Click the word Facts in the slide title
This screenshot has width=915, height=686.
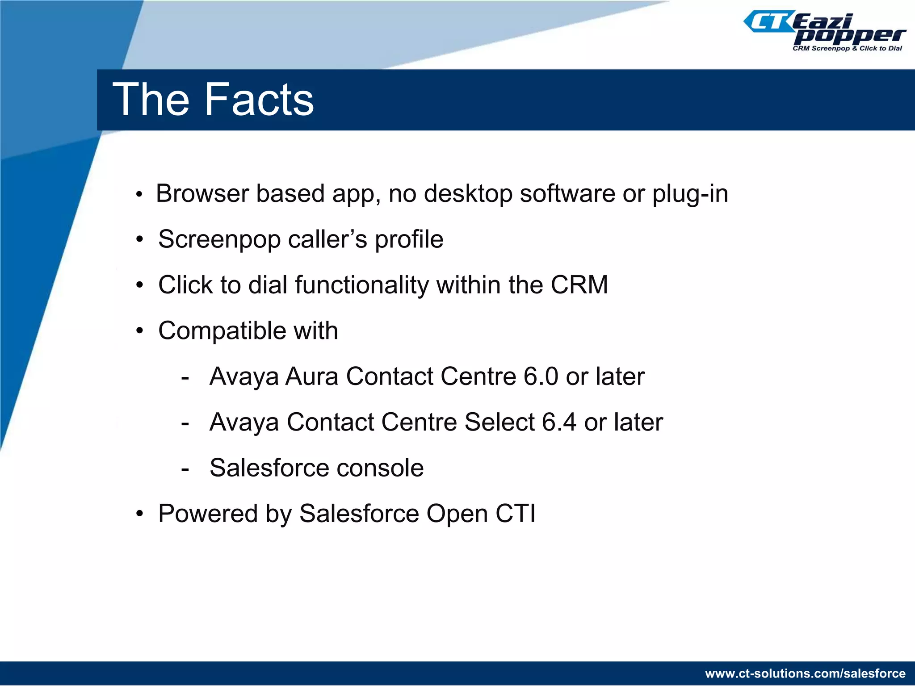[x=259, y=100]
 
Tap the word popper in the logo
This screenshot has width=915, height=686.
[x=849, y=36]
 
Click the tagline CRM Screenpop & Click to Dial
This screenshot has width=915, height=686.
[x=847, y=48]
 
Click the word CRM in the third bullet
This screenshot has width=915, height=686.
[x=579, y=285]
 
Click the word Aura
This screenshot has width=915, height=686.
[x=311, y=376]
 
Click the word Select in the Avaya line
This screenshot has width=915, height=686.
[x=499, y=422]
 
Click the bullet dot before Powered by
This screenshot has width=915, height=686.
[x=140, y=514]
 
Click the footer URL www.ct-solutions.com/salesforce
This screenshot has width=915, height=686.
[x=805, y=673]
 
